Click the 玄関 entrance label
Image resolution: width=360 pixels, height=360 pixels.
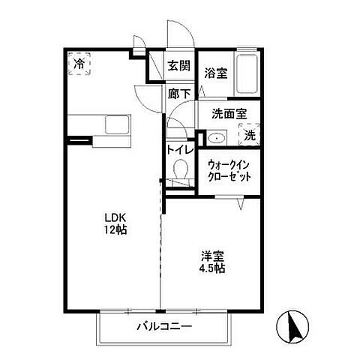click(178, 65)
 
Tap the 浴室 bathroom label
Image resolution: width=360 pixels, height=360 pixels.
click(215, 73)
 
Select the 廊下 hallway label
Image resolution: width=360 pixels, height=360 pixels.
click(178, 94)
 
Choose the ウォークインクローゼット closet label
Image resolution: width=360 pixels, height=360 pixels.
click(229, 169)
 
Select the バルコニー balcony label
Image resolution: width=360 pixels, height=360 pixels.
click(164, 328)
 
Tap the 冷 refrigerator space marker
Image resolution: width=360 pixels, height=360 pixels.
click(79, 65)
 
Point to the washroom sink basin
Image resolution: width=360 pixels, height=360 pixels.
click(215, 137)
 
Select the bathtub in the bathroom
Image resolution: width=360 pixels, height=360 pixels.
click(247, 73)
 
